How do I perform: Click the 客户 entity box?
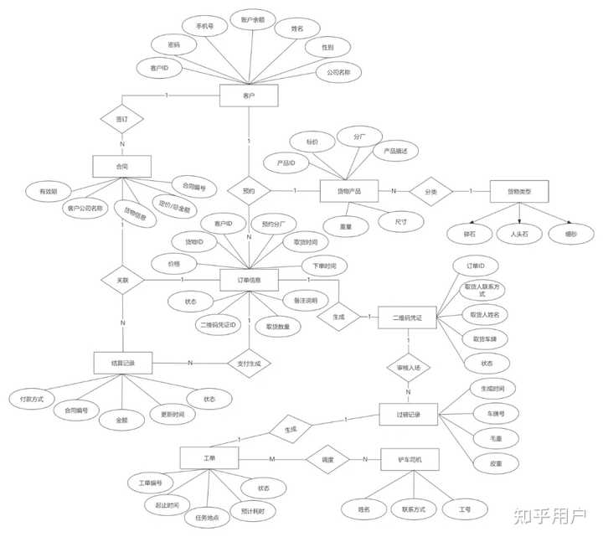click(248, 97)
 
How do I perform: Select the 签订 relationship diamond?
click(122, 120)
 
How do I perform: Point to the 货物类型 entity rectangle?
click(518, 191)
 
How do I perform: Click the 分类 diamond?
click(431, 191)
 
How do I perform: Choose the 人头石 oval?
click(513, 234)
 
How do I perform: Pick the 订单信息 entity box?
click(249, 280)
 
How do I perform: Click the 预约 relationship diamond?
click(249, 191)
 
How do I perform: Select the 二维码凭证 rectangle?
click(407, 318)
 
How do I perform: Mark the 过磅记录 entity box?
click(407, 415)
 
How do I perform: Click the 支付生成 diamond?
click(249, 364)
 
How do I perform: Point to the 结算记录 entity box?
click(122, 363)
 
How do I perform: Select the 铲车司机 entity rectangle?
click(409, 459)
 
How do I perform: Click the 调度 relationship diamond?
click(328, 459)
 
